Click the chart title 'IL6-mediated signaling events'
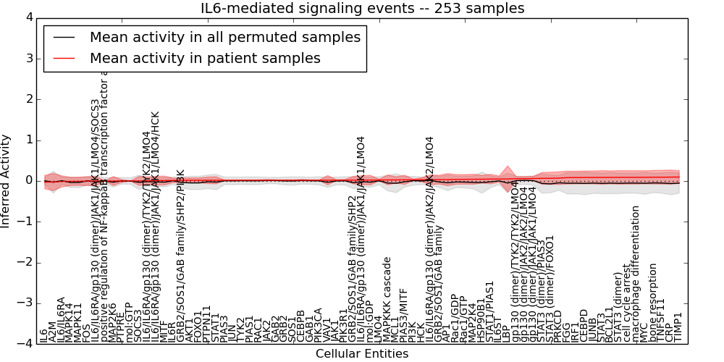click(x=362, y=9)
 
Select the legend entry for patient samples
click(x=205, y=58)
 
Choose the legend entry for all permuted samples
click(x=224, y=37)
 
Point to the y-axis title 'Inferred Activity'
click(x=7, y=180)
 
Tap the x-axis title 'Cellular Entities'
click(x=362, y=354)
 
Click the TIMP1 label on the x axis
click(x=678, y=327)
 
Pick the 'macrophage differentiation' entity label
click(x=634, y=274)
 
